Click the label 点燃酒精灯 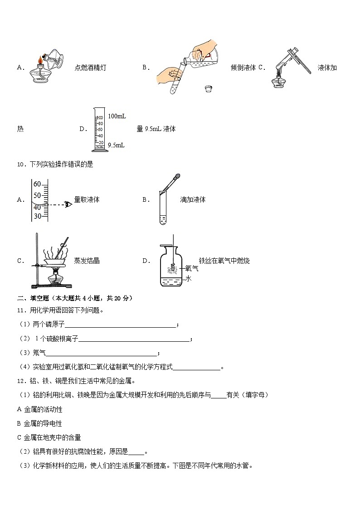pos(91,68)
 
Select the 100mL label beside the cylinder pos(117,116)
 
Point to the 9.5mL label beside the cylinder pos(116,145)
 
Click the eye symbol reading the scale pos(68,204)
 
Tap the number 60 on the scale pos(37,184)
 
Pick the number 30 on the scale pos(37,216)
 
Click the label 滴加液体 pos(193,199)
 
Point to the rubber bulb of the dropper pos(178,175)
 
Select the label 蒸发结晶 pos(87,261)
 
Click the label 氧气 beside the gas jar pos(192,268)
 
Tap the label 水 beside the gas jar pos(189,278)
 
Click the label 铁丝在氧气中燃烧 pos(224,261)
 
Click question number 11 pos(21,310)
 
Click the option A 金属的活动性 pos(39,409)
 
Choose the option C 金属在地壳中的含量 pos(49,437)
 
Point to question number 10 pos(21,165)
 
